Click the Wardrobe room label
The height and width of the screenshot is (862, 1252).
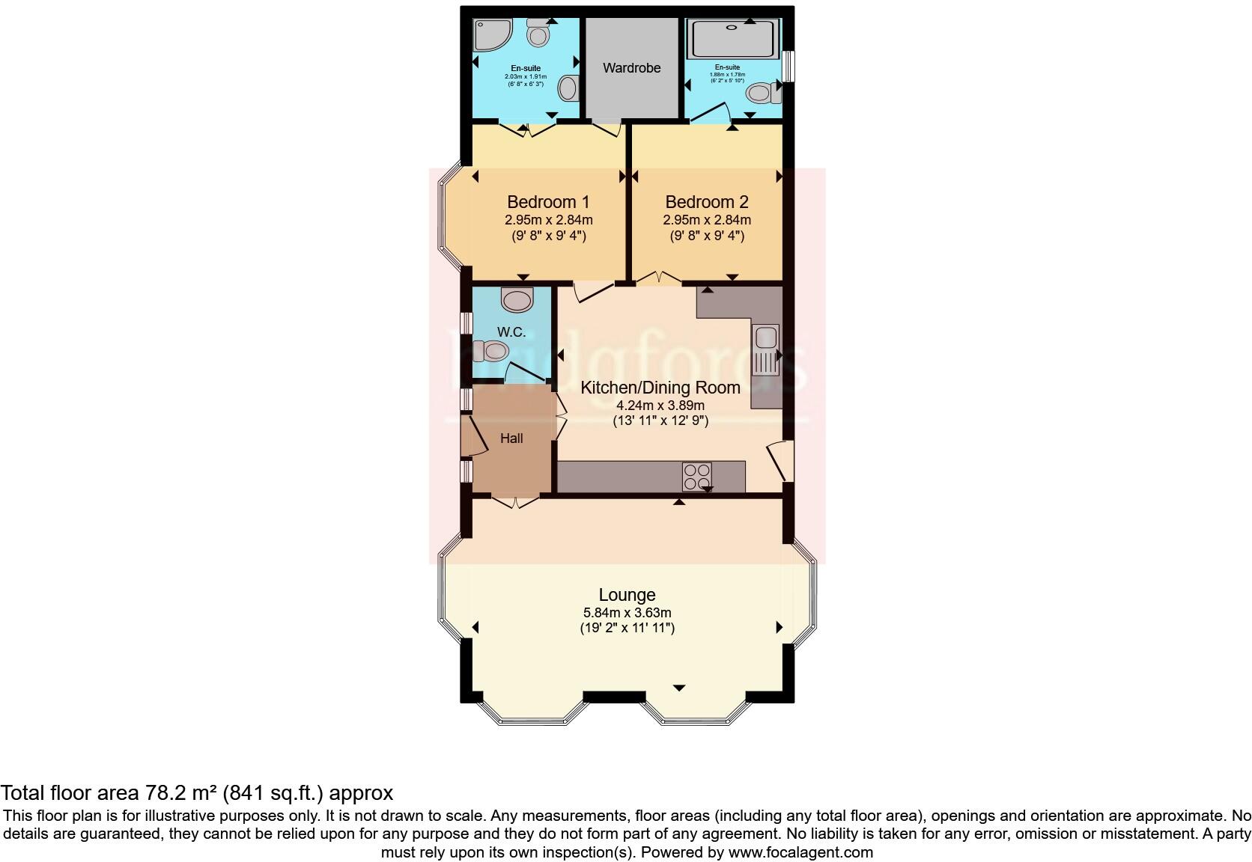[632, 68]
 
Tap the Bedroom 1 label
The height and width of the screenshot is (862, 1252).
[548, 202]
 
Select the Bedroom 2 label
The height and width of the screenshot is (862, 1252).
[707, 202]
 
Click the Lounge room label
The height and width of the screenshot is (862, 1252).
[627, 595]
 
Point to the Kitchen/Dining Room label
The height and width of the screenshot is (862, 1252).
[660, 388]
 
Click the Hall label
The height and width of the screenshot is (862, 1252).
[511, 438]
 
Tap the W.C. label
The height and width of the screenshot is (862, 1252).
[511, 332]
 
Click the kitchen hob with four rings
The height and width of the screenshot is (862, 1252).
[696, 477]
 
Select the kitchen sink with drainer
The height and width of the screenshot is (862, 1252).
[767, 349]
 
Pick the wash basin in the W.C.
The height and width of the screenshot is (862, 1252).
[517, 300]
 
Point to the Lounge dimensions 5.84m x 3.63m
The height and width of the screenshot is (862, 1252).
[627, 613]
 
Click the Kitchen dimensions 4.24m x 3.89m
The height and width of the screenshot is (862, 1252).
[660, 406]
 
